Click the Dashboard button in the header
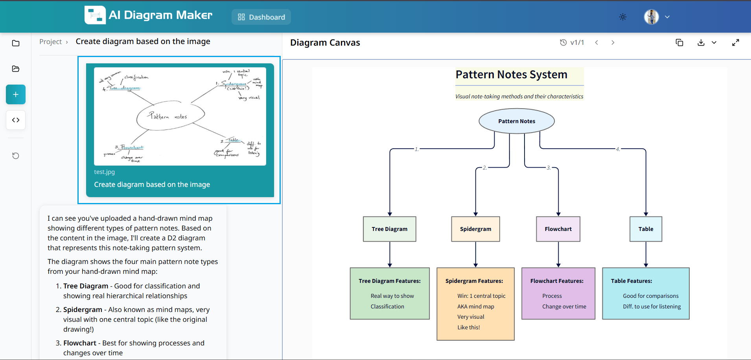coord(261,17)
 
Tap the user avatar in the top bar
coord(651,17)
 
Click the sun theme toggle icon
coord(623,17)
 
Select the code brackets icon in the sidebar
coord(16,120)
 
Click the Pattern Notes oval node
coord(516,121)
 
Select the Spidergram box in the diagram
coord(475,229)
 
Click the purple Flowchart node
coord(558,229)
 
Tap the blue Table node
coord(646,229)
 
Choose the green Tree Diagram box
coord(389,229)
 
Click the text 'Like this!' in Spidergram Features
coord(469,327)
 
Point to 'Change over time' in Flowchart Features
coord(564,306)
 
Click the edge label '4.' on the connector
coord(618,149)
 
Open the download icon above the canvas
coord(701,42)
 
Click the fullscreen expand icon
coord(736,42)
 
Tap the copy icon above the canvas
coord(679,42)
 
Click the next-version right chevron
coord(613,42)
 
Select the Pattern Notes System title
coord(511,75)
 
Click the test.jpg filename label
coord(105,172)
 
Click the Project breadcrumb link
coord(50,42)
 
